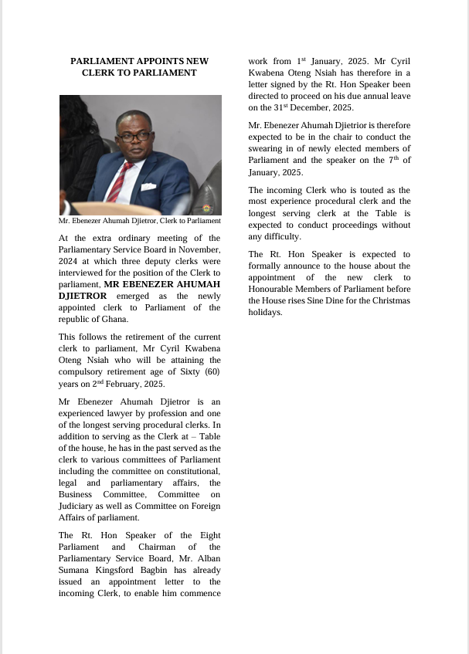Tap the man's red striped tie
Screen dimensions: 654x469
pos(123,181)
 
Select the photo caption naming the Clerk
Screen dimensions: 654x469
pos(140,222)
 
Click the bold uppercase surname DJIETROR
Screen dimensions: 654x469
pos(83,296)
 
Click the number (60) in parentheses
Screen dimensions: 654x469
pos(210,372)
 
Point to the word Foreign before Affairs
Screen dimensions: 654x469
pos(204,506)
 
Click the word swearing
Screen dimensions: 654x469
pos(268,148)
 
